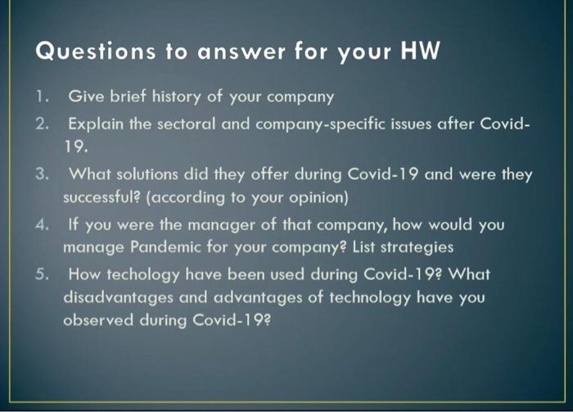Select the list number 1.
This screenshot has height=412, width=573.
(41, 97)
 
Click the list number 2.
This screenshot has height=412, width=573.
(42, 125)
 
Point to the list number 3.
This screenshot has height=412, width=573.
(42, 174)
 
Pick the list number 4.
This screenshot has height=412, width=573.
(42, 224)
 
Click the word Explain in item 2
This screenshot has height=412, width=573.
(93, 125)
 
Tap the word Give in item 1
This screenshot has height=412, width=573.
(84, 97)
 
